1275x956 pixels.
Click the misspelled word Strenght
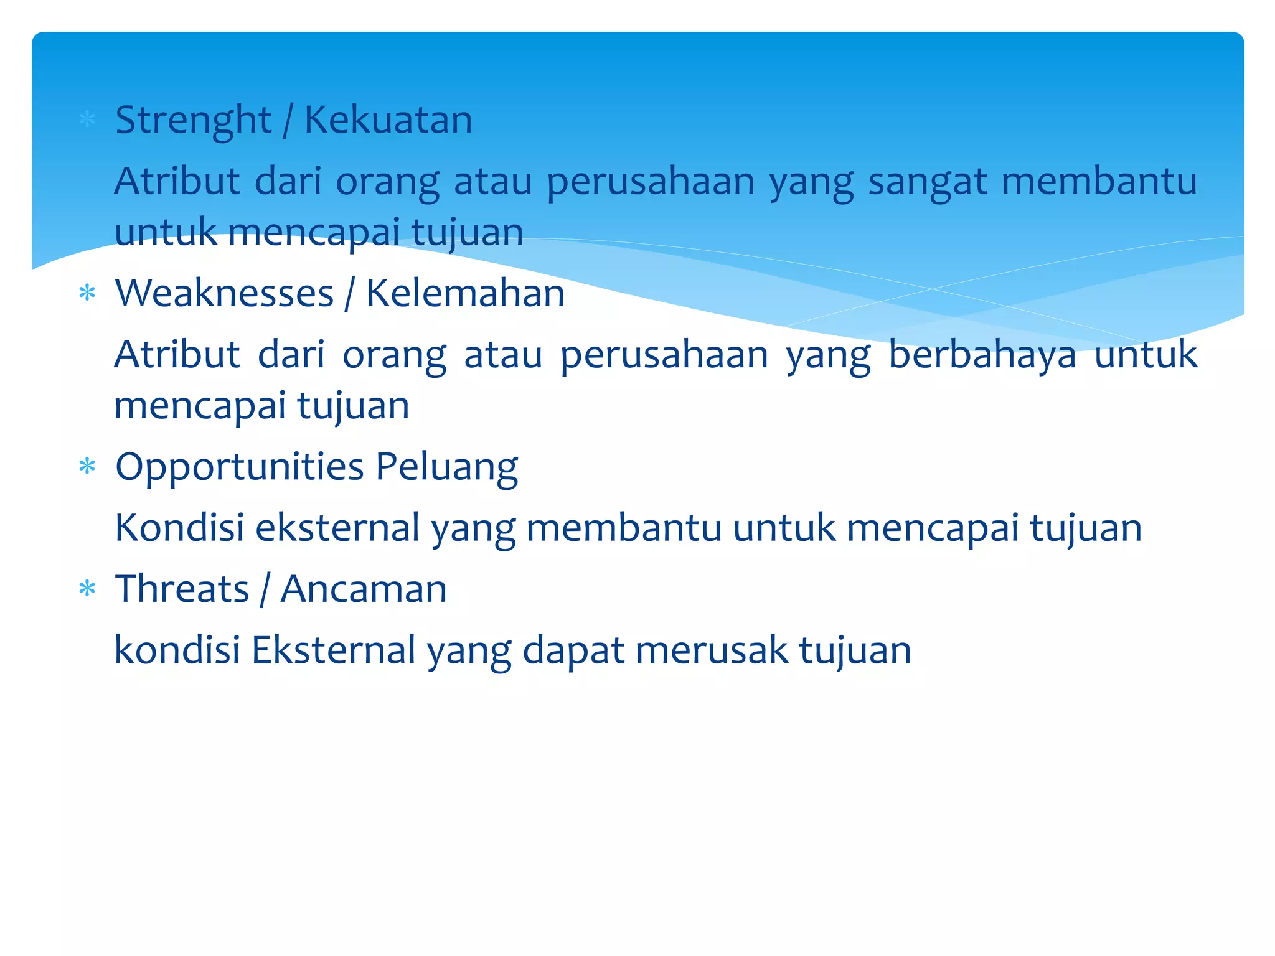[193, 120]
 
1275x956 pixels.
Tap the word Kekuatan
[388, 119]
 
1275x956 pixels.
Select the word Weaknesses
[224, 293]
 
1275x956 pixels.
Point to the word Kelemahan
[465, 293]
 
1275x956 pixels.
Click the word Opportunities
[239, 467]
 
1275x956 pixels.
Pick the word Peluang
[446, 467]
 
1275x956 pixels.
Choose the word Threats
[182, 589]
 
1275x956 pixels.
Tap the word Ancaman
[364, 589]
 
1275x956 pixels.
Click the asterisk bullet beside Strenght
[87, 119]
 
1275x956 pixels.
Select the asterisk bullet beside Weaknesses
[87, 293]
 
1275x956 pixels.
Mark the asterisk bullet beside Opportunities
[87, 466]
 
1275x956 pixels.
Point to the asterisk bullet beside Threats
[87, 588]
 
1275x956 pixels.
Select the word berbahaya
[982, 355]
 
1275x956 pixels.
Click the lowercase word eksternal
[337, 528]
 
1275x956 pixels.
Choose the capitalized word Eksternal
[333, 650]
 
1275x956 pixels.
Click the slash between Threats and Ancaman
[265, 589]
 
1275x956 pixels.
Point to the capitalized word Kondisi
[179, 528]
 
